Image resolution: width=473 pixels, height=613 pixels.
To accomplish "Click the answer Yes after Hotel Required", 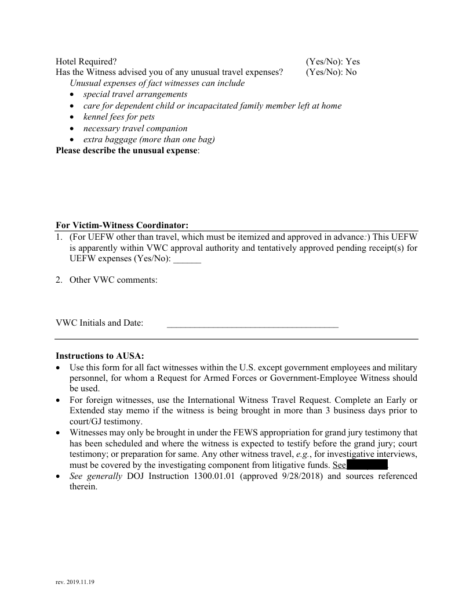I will pos(352,61).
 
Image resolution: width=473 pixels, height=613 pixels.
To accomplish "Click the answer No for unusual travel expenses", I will pos(351,72).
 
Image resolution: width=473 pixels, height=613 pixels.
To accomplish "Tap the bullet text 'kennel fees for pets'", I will pos(119,117).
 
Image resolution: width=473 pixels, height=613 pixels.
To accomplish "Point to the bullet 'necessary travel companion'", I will pos(135,128).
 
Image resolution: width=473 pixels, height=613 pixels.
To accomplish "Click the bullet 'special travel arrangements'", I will pos(135,94).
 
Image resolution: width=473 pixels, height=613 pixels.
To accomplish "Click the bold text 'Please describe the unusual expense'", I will pos(126,150).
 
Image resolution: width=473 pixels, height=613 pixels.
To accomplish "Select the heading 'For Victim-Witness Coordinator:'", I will pos(122,225).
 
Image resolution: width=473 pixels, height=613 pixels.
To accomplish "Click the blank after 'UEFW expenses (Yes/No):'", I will pos(187,259).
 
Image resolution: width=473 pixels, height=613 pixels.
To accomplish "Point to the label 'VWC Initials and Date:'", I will pos(99,323).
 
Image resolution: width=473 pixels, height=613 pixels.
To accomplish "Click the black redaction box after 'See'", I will pos(367,465).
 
